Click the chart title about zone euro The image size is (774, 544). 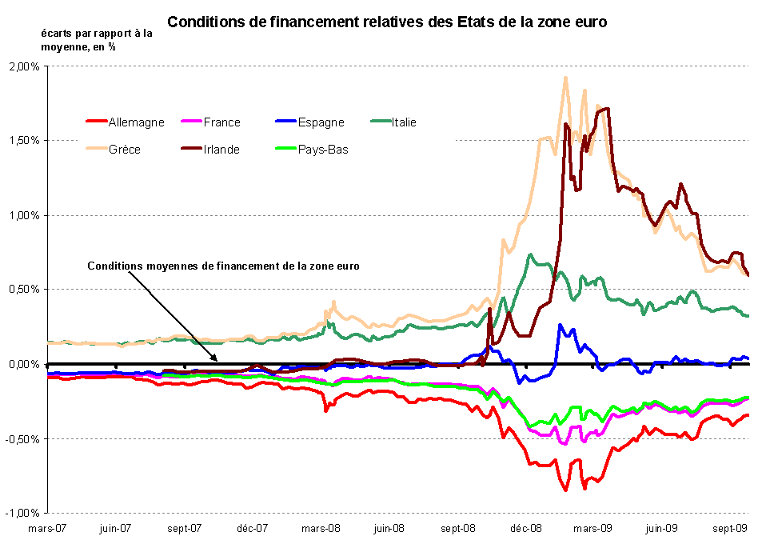387,22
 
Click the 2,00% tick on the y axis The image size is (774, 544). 24,66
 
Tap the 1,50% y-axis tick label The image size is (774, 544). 24,141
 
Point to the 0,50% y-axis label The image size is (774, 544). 24,290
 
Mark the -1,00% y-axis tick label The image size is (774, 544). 22,513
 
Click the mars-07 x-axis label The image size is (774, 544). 48,528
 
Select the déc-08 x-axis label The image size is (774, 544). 527,528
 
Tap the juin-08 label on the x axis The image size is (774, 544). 389,528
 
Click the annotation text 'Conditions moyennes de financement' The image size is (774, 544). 223,266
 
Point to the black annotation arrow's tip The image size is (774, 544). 217,362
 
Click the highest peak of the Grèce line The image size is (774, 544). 565,78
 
